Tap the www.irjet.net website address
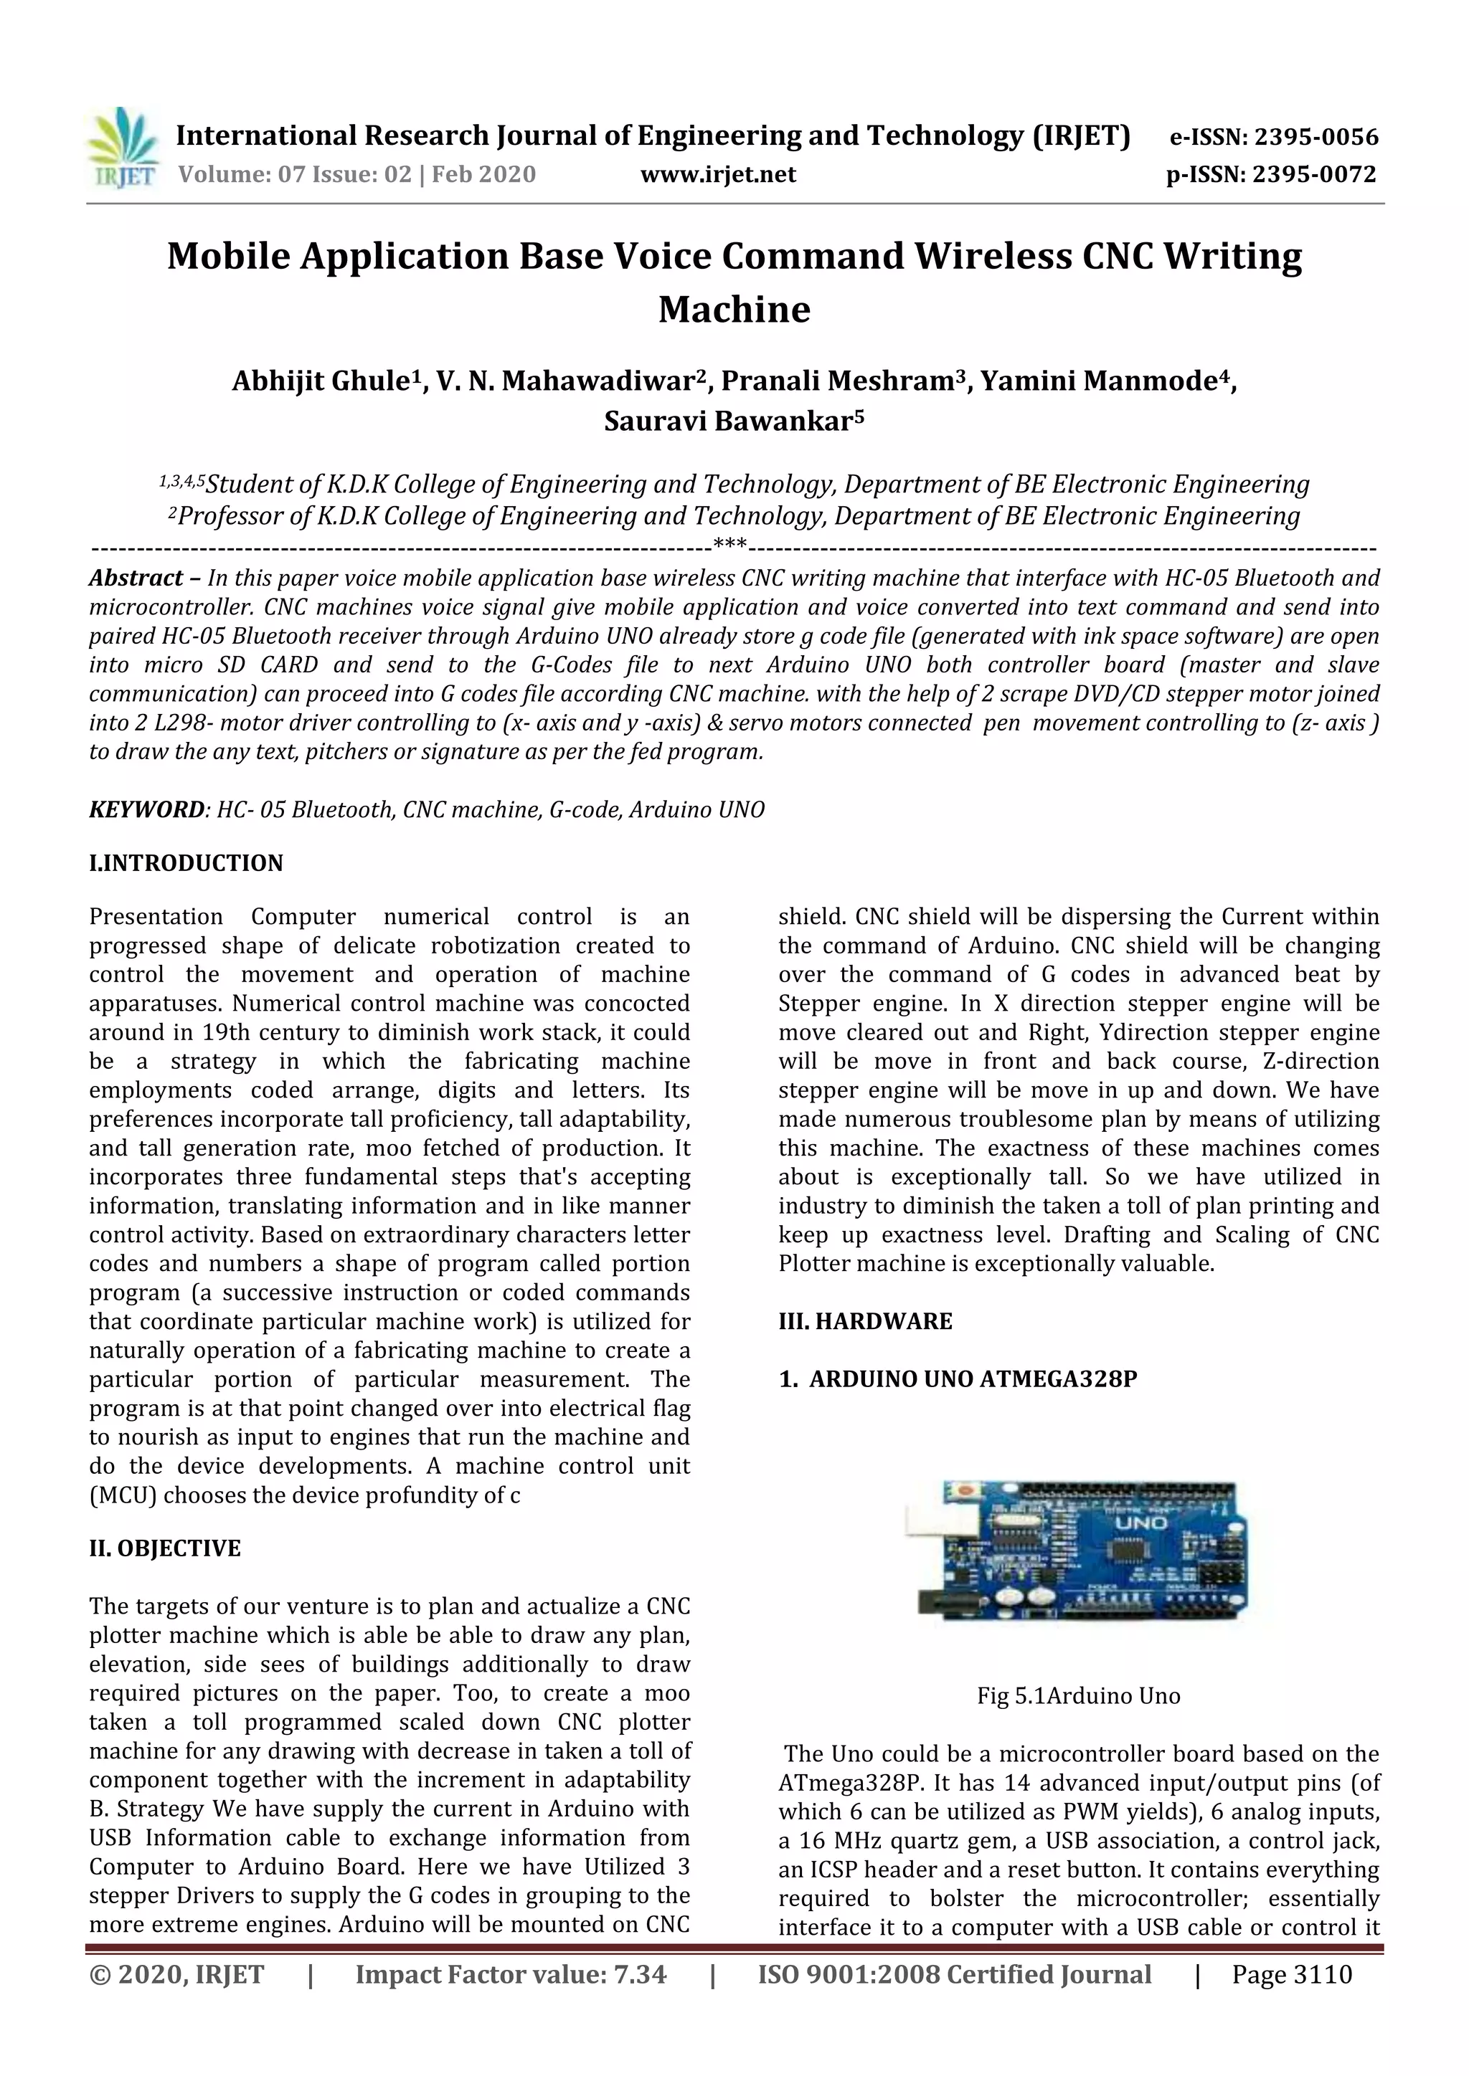coord(717,174)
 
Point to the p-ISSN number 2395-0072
coord(1314,174)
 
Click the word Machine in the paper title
coord(734,310)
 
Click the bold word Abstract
coord(136,578)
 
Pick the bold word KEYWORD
coord(146,809)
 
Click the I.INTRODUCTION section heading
coord(186,864)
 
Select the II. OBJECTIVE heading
coord(165,1549)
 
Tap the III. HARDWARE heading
coord(865,1322)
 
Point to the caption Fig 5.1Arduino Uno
coord(1078,1696)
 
